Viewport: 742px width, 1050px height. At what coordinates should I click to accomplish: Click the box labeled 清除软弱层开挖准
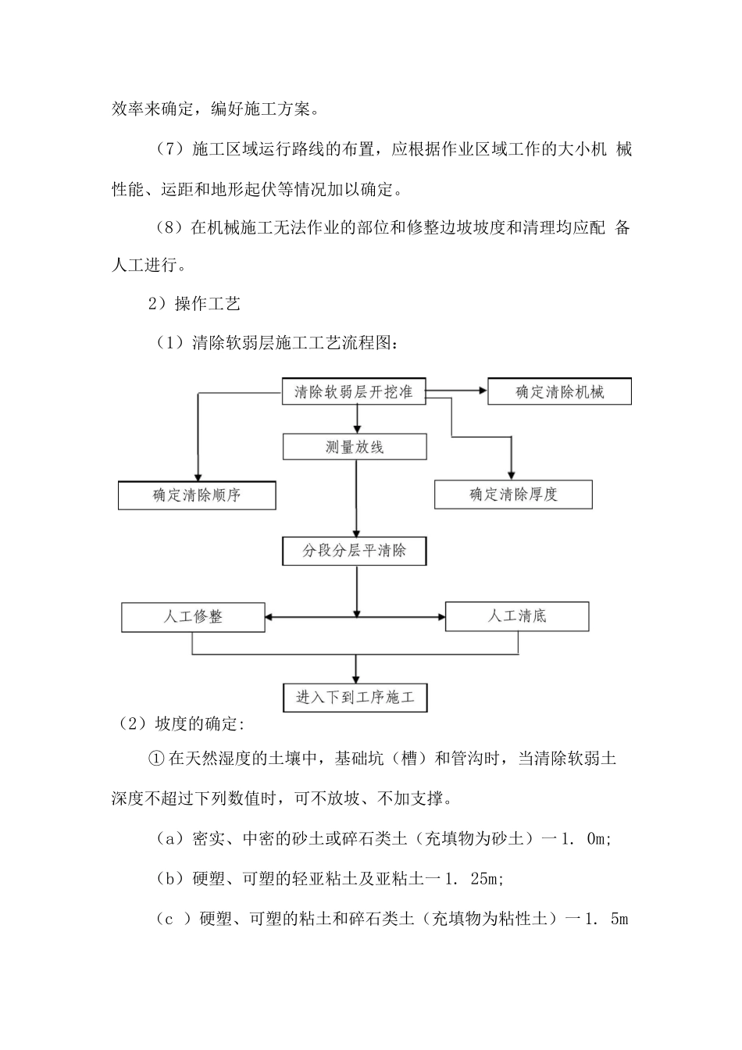pos(353,391)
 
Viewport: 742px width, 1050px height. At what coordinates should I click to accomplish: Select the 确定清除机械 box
pos(559,392)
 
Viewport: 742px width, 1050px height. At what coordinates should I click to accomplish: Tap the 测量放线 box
pos(355,447)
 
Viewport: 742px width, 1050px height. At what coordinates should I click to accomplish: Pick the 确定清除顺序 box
pos(197,495)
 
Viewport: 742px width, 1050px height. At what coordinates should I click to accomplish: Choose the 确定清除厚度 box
pos(513,495)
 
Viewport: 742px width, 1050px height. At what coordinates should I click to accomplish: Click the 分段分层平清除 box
pos(355,551)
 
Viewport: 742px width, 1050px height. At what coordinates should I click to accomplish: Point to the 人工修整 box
pos(193,616)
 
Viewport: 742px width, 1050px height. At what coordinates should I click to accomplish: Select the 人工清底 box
pos(517,616)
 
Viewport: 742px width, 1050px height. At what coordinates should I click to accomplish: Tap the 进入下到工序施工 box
pos(355,697)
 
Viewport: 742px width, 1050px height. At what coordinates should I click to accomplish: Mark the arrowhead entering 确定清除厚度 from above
pos(512,473)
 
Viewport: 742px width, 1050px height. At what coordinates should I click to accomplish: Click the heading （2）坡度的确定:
pos(180,724)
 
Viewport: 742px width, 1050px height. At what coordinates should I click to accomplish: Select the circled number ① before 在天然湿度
pos(155,759)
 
